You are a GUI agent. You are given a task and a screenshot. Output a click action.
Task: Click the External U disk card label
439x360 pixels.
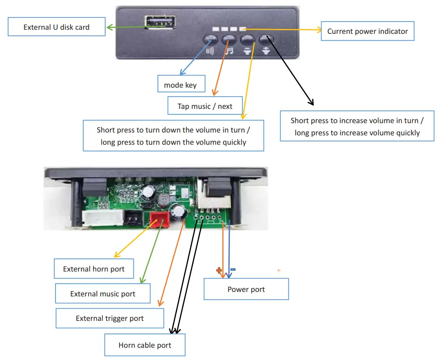(56, 27)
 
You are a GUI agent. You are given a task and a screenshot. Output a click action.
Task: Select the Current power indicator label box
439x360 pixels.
(367, 31)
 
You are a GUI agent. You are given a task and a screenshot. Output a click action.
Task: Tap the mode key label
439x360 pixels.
(180, 85)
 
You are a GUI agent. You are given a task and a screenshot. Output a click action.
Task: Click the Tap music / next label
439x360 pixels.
(205, 106)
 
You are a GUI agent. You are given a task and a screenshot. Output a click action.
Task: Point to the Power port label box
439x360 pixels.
(246, 289)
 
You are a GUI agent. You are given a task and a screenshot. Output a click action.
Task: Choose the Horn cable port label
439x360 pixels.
(145, 345)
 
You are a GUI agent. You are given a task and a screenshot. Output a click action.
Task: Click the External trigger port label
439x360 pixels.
(109, 318)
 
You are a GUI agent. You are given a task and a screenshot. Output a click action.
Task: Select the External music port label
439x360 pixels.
(102, 294)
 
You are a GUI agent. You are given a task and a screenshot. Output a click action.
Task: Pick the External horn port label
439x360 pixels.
(93, 269)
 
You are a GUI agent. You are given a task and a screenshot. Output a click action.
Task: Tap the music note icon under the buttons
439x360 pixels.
(229, 51)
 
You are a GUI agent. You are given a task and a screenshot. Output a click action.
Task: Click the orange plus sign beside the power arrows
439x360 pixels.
(219, 270)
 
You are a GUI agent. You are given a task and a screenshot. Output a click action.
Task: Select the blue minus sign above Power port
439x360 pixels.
(233, 269)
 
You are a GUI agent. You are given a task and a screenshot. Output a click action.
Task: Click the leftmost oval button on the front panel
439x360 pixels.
(211, 40)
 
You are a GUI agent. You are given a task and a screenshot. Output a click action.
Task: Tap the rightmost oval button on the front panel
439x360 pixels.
(266, 40)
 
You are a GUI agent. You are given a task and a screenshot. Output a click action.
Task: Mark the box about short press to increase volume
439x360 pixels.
(357, 126)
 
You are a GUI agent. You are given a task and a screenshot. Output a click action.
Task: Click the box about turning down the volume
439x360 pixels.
(173, 136)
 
